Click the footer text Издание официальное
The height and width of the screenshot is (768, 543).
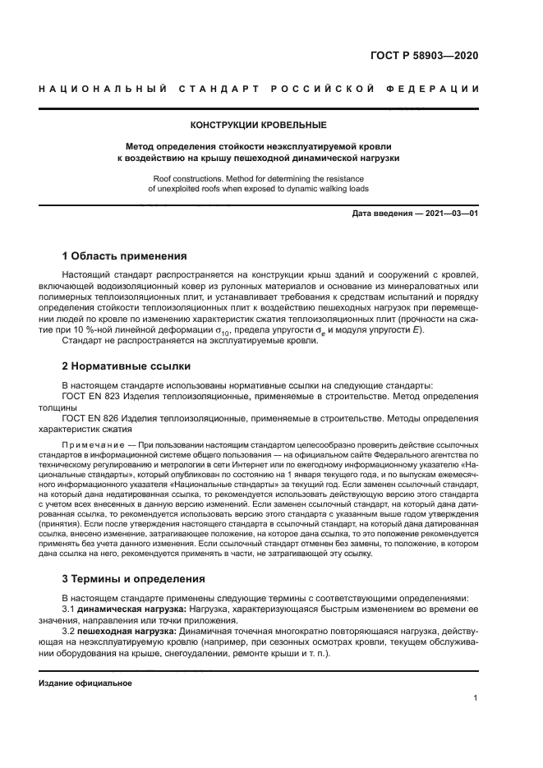[x=85, y=683]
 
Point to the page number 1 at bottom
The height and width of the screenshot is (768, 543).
[x=476, y=698]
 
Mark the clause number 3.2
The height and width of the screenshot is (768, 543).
[x=69, y=632]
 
